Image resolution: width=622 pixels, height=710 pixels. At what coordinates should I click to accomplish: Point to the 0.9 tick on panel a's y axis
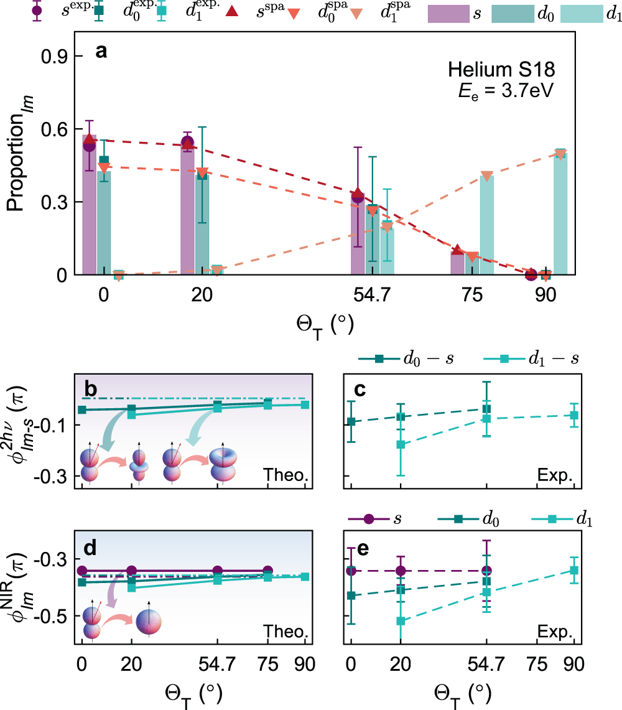point(54,57)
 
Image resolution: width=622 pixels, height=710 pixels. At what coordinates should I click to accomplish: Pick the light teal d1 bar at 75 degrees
point(487,225)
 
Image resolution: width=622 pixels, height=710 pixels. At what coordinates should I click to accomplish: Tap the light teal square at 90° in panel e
point(575,570)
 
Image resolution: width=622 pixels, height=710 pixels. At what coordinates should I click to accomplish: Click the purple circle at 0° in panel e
point(351,571)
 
